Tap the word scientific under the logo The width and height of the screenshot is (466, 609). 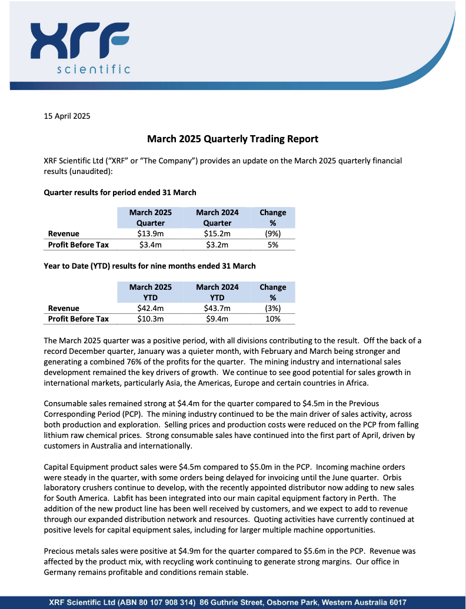click(x=94, y=70)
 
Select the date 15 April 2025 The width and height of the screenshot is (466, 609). click(x=67, y=116)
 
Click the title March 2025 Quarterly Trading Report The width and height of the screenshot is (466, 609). click(x=232, y=139)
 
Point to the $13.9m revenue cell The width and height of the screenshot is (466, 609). click(x=151, y=234)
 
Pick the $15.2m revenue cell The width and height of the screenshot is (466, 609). click(x=217, y=234)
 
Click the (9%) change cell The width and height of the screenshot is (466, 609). click(x=272, y=234)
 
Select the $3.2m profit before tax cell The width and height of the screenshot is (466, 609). click(x=217, y=245)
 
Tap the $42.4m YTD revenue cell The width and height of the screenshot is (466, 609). click(x=151, y=309)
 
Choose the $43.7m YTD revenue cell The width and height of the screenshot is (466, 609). click(x=217, y=309)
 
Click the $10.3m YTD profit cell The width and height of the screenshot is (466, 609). click(x=151, y=319)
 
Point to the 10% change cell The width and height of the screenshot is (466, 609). click(x=272, y=319)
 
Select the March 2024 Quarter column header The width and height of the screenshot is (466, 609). click(x=217, y=217)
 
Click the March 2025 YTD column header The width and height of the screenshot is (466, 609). click(x=151, y=292)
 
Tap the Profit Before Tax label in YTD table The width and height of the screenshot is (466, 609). click(x=78, y=319)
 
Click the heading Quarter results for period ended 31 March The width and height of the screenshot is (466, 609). click(x=120, y=192)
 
